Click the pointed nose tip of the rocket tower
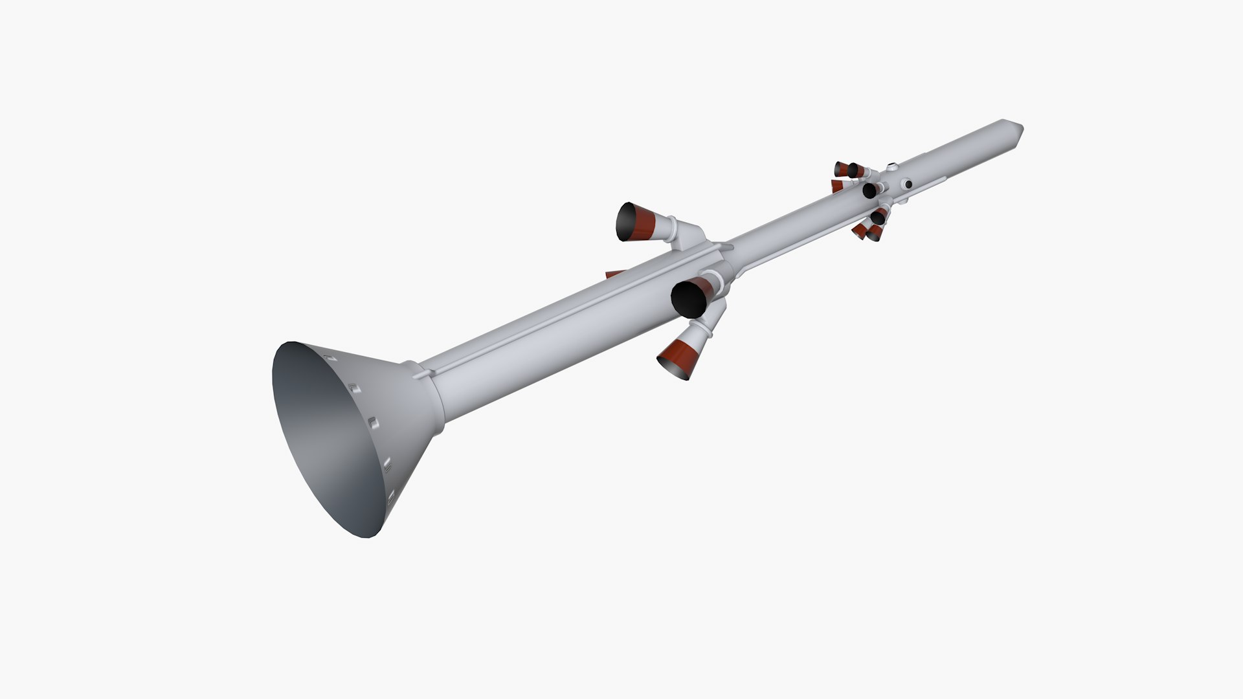pyautogui.click(x=1020, y=128)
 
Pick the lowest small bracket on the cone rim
pyautogui.click(x=390, y=497)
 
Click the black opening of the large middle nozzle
pyautogui.click(x=688, y=298)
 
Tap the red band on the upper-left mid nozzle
pyautogui.click(x=646, y=222)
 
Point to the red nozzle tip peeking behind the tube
pyautogui.click(x=614, y=274)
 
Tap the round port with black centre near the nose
pyautogui.click(x=908, y=184)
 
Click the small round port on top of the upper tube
pyautogui.click(x=892, y=166)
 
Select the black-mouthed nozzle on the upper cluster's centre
pyautogui.click(x=869, y=191)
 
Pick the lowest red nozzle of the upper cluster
pyautogui.click(x=874, y=233)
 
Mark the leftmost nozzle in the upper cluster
pyautogui.click(x=841, y=170)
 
